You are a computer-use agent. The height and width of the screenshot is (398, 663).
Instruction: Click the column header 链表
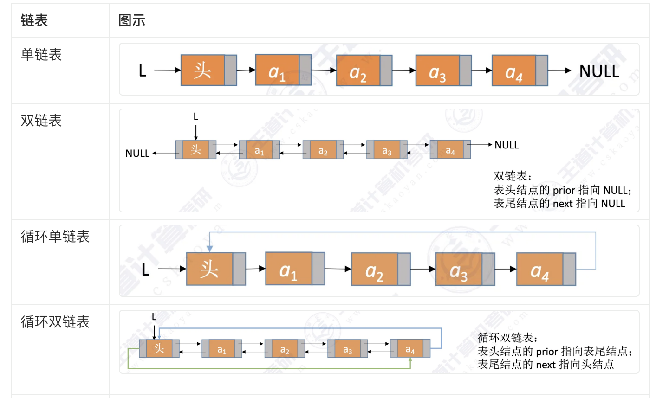click(x=34, y=20)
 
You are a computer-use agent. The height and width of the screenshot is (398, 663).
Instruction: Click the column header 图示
click(x=132, y=20)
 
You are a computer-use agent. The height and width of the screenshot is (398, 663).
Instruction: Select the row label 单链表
click(x=41, y=55)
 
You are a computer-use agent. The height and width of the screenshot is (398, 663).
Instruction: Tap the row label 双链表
click(x=41, y=121)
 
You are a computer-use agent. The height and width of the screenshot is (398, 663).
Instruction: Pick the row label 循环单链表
click(x=55, y=237)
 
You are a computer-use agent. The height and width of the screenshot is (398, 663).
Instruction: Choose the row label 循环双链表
click(x=55, y=321)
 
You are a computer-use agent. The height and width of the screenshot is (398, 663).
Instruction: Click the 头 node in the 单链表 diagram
click(x=203, y=71)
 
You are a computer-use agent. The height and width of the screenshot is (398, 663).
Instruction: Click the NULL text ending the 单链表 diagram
click(x=599, y=71)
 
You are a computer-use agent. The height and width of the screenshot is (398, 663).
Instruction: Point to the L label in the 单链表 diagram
click(x=143, y=71)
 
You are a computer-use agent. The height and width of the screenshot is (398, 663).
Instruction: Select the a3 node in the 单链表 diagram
click(x=437, y=71)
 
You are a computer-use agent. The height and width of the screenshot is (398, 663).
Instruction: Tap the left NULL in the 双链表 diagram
click(x=137, y=154)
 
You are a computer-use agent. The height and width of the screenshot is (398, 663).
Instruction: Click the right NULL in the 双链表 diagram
click(x=507, y=145)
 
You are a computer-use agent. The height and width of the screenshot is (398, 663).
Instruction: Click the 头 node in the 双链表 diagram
click(x=196, y=150)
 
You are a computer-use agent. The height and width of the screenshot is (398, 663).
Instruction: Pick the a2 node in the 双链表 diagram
click(x=323, y=150)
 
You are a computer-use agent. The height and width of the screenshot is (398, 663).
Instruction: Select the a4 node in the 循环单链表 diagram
click(x=539, y=270)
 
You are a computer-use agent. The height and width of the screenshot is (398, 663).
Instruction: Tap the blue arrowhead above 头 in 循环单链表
click(x=210, y=249)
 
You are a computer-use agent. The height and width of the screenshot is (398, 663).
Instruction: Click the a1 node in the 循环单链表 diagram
click(x=288, y=269)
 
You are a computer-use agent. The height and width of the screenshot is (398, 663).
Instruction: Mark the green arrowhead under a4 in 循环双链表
click(x=410, y=360)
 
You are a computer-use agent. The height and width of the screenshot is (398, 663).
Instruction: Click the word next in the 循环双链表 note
click(x=546, y=365)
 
